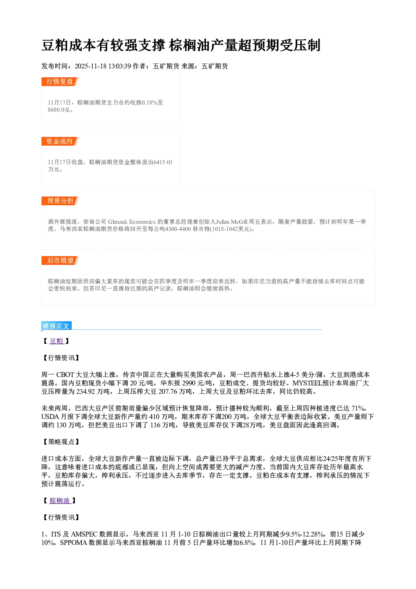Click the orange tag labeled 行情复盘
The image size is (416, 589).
click(x=60, y=81)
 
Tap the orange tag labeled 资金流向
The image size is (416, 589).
click(x=60, y=141)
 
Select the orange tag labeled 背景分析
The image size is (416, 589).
click(x=60, y=201)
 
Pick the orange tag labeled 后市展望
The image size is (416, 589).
click(x=60, y=261)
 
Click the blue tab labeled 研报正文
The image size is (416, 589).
click(x=56, y=326)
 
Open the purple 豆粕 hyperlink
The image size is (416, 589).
click(x=57, y=341)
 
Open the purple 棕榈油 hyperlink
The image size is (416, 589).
click(x=60, y=501)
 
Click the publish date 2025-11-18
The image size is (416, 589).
click(x=91, y=66)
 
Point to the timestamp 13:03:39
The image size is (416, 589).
click(x=120, y=66)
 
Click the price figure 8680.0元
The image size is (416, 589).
click(x=59, y=110)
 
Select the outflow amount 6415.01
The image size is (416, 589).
click(x=163, y=162)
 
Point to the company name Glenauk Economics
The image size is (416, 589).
click(x=132, y=222)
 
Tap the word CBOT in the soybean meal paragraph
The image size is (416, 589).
click(x=65, y=375)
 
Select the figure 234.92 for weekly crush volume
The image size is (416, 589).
click(x=86, y=392)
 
